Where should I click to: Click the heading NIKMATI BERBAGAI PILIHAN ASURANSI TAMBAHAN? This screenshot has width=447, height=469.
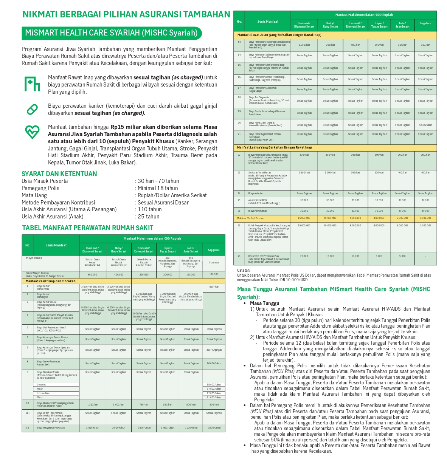pos(126,14)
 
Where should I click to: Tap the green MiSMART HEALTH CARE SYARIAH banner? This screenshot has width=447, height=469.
pos(112,33)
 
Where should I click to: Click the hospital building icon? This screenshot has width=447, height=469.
pos(32,84)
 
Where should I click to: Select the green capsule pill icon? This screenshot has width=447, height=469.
pos(32,109)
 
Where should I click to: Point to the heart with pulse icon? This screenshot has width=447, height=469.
pos(32,132)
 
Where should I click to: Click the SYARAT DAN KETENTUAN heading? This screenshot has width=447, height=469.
pos(59,174)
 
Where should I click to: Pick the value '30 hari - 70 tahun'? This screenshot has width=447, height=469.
pos(158,181)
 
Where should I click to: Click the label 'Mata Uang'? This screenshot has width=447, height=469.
pos(34,195)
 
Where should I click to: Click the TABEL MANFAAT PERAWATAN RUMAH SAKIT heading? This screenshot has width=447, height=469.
pos(88,228)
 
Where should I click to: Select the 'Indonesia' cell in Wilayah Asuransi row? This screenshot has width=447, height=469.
pos(214,262)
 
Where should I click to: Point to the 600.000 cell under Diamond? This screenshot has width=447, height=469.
pos(92,275)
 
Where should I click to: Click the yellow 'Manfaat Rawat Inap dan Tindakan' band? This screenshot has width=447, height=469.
pos(51,281)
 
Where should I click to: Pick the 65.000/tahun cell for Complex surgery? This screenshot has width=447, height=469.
pos(214,385)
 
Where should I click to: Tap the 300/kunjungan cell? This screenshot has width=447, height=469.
pos(214,350)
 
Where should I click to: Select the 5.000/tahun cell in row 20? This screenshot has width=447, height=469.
pos(425,125)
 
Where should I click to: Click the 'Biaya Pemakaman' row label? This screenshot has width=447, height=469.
pos(258,211)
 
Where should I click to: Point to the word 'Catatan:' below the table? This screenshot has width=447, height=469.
pos(244,270)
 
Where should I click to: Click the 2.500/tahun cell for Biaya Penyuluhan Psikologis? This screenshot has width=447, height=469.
pos(92,428)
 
